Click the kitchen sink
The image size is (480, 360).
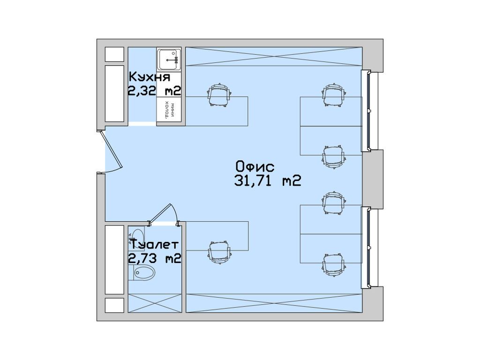[x=169, y=59]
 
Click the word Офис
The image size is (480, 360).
[x=255, y=166]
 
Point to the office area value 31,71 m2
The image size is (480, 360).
[x=267, y=181]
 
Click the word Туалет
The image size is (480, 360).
[x=154, y=245]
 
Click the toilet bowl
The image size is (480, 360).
[x=143, y=272]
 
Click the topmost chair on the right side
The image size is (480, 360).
[x=334, y=95]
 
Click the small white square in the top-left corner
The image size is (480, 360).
[x=114, y=54]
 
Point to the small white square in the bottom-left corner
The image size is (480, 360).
[x=114, y=306]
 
